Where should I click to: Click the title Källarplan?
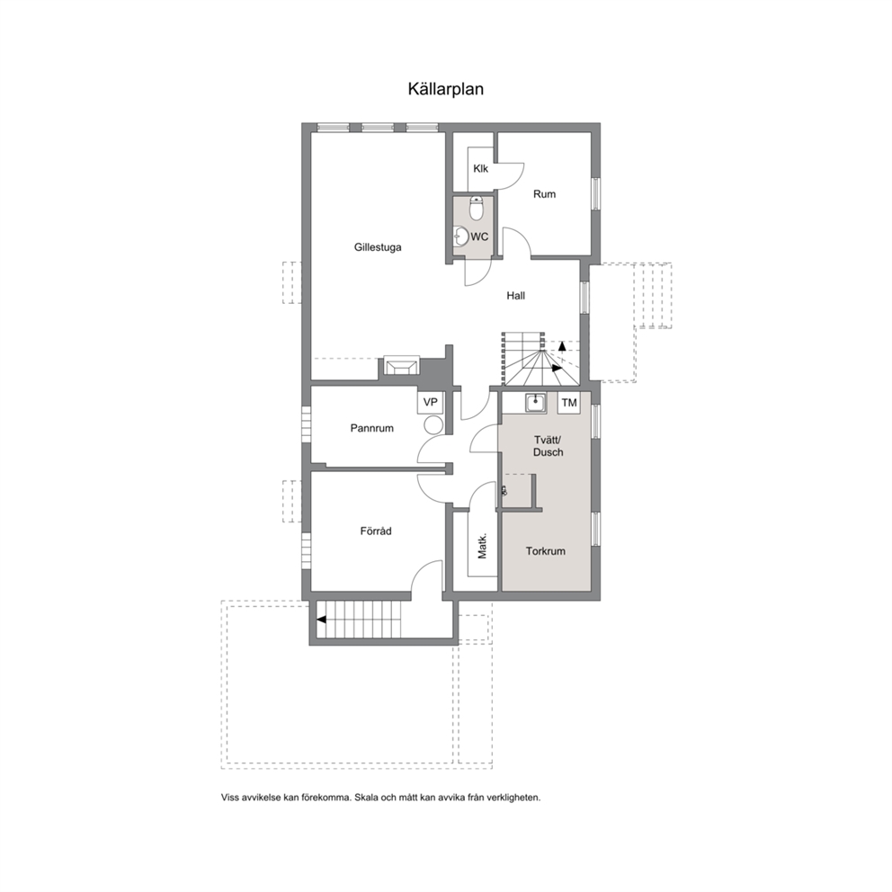pyautogui.click(x=445, y=89)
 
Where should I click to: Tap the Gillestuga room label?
pyautogui.click(x=378, y=247)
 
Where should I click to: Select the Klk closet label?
pyautogui.click(x=481, y=168)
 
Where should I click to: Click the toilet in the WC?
pyautogui.click(x=477, y=209)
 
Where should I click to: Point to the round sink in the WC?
pyautogui.click(x=460, y=236)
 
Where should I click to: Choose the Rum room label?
pyautogui.click(x=544, y=194)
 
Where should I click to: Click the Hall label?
pyautogui.click(x=516, y=296)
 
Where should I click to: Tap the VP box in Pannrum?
pyautogui.click(x=431, y=402)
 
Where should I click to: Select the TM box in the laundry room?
pyautogui.click(x=569, y=403)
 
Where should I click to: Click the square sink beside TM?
pyautogui.click(x=535, y=403)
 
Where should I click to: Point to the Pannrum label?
pyautogui.click(x=372, y=428)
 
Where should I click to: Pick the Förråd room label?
pyautogui.click(x=376, y=531)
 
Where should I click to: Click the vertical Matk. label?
pyautogui.click(x=482, y=546)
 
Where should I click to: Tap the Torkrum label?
pyautogui.click(x=546, y=551)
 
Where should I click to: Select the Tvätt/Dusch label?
pyautogui.click(x=548, y=446)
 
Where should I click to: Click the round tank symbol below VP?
pyautogui.click(x=434, y=424)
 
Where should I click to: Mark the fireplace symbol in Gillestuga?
pyautogui.click(x=402, y=365)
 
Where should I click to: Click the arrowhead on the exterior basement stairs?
pyautogui.click(x=321, y=620)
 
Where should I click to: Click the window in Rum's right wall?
pyautogui.click(x=595, y=194)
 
